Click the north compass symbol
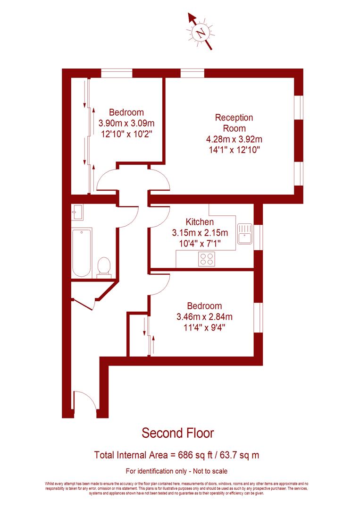pos(201,33)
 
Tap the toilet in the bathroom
pos(102,267)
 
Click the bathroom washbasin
pos(78,212)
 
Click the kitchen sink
pos(245,234)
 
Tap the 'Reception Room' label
pos(234,123)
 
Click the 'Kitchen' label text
pos(200,222)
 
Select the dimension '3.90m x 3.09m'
pos(126,123)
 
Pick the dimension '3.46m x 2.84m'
pos(204,316)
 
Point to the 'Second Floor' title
pos(178,433)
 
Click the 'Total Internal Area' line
pos(177,455)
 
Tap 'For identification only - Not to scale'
pos(177,471)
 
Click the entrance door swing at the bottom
pos(85,401)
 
